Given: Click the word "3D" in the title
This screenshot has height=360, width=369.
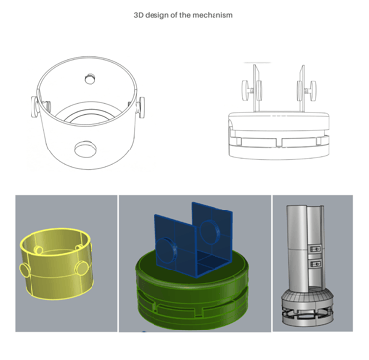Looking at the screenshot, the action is (x=138, y=15).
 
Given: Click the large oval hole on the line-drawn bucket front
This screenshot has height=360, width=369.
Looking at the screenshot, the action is (x=86, y=150).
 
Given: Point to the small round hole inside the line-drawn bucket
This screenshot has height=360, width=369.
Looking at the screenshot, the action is (x=90, y=79).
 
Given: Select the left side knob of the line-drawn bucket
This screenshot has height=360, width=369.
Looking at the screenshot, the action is (x=35, y=107).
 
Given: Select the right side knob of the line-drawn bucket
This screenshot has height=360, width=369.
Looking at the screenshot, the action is (x=141, y=107).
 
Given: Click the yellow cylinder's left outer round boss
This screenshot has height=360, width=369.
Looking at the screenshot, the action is (x=26, y=270).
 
